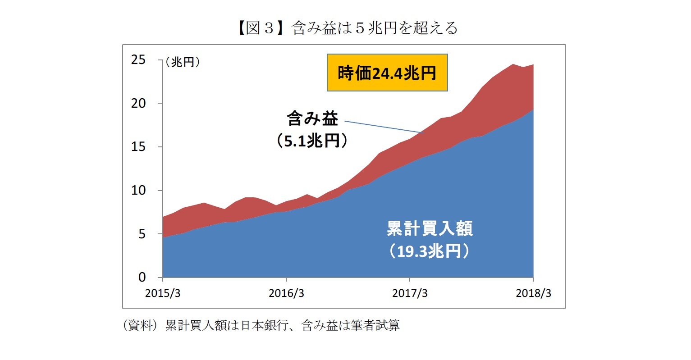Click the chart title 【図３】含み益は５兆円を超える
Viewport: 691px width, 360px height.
coord(345,28)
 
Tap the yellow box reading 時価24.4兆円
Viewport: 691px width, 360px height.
coord(387,73)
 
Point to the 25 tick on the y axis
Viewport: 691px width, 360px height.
coord(138,59)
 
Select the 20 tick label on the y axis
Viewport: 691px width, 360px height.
coord(138,103)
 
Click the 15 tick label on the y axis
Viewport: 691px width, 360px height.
coord(138,147)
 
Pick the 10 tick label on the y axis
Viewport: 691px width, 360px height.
coord(138,191)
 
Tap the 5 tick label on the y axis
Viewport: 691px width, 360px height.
coord(142,234)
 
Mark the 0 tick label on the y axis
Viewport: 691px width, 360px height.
coord(142,278)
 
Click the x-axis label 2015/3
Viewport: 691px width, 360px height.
coord(163,293)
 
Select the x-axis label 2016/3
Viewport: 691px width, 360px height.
coord(286,293)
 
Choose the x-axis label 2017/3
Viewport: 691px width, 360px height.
coord(410,293)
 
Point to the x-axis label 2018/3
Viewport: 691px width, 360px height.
coord(533,293)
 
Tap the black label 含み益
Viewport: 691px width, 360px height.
coord(312,119)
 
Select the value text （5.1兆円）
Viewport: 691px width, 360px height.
coord(312,141)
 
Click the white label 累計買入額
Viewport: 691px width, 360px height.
coord(430,229)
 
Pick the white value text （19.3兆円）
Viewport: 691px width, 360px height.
coord(430,251)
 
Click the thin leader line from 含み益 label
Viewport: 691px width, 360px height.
coord(383,127)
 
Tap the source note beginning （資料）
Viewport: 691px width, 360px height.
coord(261,325)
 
